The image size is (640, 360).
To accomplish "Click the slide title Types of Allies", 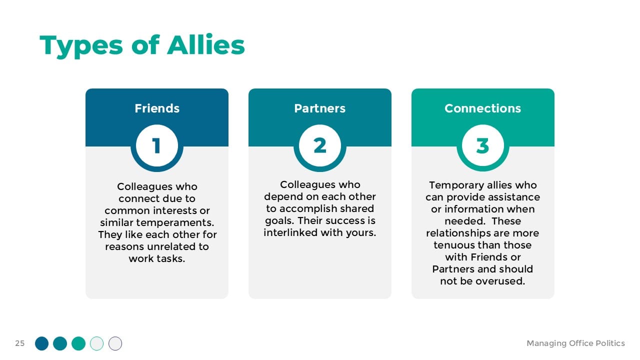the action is pos(142,45).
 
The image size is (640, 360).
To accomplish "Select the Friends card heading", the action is pos(157,108).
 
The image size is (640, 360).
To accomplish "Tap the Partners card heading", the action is pos(320,108).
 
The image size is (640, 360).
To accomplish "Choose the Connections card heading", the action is pos(483,108).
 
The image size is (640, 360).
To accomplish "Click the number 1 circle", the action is pos(157,145).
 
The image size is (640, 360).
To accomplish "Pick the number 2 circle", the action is pos(320,145).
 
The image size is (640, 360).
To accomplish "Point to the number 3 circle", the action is pos(483,145).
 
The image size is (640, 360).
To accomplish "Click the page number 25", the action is pos(19,343).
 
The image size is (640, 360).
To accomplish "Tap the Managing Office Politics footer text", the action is pos(575,343).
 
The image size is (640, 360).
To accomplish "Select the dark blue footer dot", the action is pos(41,343).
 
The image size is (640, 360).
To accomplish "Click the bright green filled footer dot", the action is pos(78,343).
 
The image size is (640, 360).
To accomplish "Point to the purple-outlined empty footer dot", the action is pos(115,343).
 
